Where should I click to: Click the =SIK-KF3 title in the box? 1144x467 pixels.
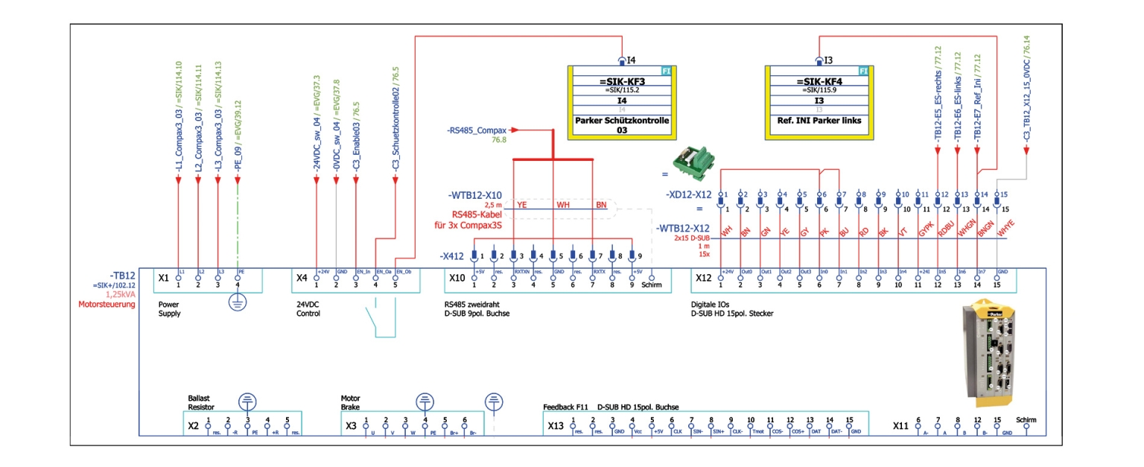[622, 81]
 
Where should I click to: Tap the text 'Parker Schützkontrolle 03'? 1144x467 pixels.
[622, 124]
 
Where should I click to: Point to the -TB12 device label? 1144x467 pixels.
[122, 274]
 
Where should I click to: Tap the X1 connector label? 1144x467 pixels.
[164, 277]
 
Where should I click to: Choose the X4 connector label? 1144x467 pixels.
[302, 277]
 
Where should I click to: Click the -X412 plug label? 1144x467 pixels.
[451, 255]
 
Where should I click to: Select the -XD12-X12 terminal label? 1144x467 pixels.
[688, 195]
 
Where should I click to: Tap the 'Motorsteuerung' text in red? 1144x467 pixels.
[107, 304]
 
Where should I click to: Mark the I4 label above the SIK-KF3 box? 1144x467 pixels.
[631, 60]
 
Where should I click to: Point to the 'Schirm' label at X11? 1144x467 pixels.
[1026, 420]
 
